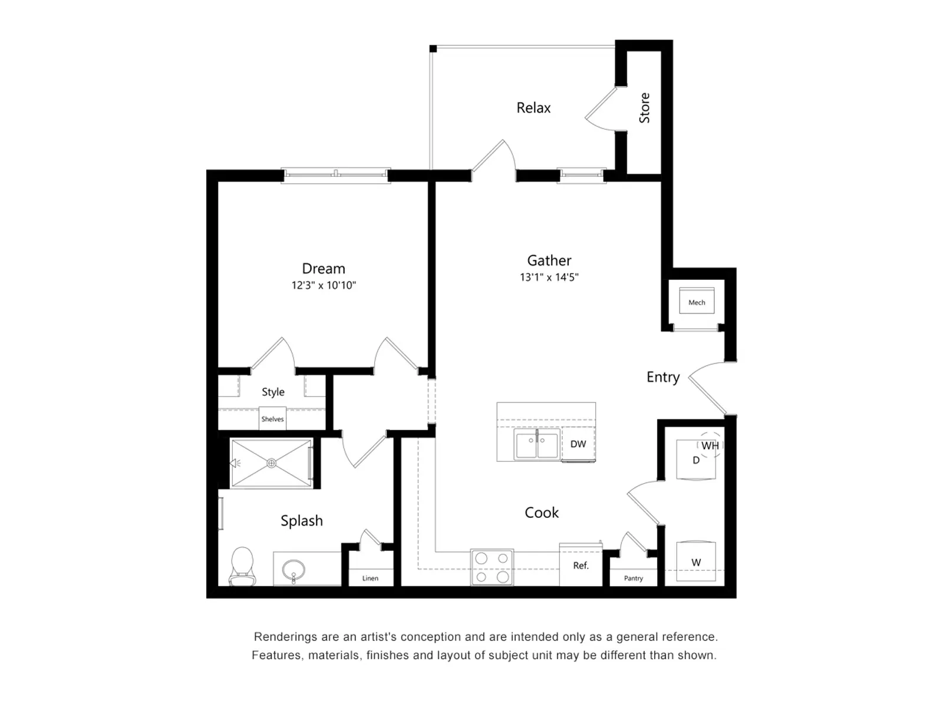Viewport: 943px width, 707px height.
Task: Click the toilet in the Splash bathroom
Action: point(242,566)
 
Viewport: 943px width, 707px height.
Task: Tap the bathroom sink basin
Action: point(294,570)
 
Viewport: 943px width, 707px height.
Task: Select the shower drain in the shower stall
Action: point(272,464)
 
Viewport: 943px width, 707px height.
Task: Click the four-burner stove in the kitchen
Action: point(492,567)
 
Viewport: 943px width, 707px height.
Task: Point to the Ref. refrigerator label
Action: point(581,566)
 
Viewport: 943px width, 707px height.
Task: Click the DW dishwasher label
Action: point(578,444)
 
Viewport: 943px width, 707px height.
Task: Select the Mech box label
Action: point(697,302)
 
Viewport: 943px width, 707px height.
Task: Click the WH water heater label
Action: point(710,446)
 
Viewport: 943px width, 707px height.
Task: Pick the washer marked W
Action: point(696,563)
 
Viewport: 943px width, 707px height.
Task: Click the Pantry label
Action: point(634,579)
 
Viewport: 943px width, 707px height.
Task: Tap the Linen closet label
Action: point(370,579)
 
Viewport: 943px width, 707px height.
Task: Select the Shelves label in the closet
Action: point(272,419)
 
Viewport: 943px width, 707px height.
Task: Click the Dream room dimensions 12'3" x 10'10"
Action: point(324,286)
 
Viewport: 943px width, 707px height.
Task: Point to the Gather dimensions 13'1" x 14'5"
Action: point(549,277)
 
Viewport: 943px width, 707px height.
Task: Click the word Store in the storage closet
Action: point(644,108)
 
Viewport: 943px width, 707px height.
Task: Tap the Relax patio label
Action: point(533,108)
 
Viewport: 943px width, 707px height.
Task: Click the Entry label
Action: point(663,377)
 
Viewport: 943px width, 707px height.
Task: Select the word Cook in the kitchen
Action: point(542,513)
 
